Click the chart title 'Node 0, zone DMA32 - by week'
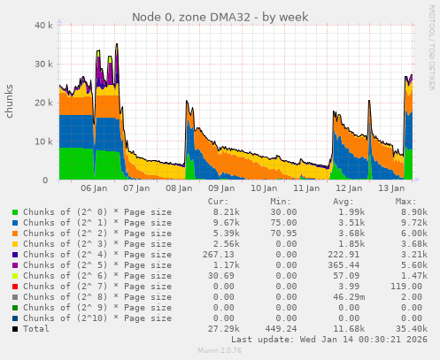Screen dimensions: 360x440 220,17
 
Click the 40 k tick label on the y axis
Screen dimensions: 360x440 40,26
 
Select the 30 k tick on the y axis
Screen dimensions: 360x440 40,65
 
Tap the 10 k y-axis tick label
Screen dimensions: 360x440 40,142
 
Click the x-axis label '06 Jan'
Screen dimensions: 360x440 93,188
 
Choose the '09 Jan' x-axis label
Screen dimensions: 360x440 221,188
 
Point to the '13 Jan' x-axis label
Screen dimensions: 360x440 391,188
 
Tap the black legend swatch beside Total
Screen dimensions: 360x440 15,328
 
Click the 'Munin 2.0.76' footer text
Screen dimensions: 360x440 220,351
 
